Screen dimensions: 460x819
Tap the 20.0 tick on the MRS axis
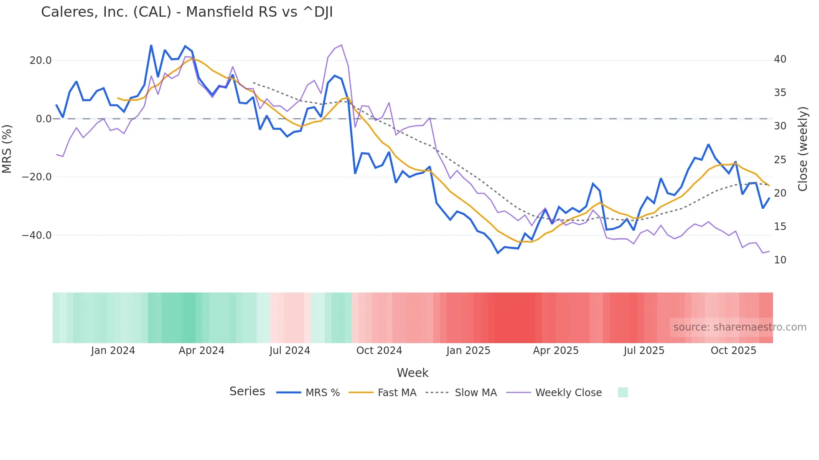coord(41,61)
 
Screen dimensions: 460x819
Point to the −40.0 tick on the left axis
coord(37,235)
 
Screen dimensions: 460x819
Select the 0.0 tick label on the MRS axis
coord(43,119)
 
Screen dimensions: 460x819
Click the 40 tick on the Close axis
coord(780,59)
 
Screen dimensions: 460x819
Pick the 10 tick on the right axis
coord(780,260)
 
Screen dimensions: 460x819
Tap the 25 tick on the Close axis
coord(780,160)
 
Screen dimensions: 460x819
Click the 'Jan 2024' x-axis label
coord(113,351)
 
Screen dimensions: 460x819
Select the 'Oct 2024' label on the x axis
coord(379,351)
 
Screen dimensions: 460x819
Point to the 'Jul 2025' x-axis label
coord(644,351)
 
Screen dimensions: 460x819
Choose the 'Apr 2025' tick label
coord(556,351)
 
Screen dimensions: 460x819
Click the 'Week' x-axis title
coord(412,373)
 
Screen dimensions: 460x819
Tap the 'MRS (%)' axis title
coord(7,149)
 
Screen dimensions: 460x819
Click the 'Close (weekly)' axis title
coord(803,149)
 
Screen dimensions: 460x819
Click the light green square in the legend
coord(623,392)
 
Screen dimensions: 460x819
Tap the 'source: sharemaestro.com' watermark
coord(740,327)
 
